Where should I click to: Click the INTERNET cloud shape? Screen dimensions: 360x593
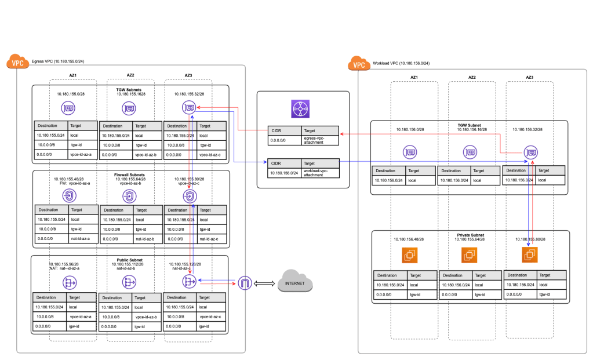coord(294,283)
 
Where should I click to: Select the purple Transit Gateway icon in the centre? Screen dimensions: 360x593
coord(301,108)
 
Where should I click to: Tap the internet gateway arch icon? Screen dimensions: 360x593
coord(245,283)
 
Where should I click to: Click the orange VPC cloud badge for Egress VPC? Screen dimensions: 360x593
coord(19,63)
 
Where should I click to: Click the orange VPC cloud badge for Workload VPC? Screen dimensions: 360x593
coord(359,64)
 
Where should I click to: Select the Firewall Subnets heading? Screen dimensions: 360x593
coord(130,174)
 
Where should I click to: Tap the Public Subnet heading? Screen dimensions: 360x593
coord(130,260)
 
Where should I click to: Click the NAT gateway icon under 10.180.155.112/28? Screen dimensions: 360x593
coord(129,282)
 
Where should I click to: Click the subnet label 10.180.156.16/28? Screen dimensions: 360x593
coord(471,130)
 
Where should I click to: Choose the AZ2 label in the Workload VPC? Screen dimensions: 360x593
coord(472,77)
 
